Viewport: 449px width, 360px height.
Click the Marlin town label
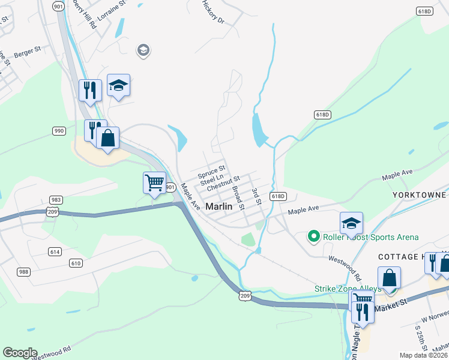click(x=218, y=206)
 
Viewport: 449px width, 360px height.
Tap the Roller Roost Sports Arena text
click(x=371, y=238)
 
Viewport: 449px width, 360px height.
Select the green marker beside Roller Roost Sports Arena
click(x=313, y=237)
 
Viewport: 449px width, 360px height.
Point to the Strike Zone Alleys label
click(x=348, y=289)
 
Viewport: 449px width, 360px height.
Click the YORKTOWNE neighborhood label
click(x=420, y=195)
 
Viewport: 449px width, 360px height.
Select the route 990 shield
click(x=59, y=131)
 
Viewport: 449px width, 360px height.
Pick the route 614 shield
click(x=55, y=252)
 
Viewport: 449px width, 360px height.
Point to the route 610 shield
click(x=76, y=263)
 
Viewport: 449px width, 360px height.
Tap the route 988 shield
click(x=23, y=272)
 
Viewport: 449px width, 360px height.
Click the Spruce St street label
click(x=211, y=171)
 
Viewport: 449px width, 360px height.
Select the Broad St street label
click(x=238, y=197)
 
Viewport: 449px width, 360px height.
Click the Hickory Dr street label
click(x=212, y=12)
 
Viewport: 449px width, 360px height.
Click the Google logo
click(x=20, y=353)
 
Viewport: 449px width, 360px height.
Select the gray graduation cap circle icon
click(x=143, y=50)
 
